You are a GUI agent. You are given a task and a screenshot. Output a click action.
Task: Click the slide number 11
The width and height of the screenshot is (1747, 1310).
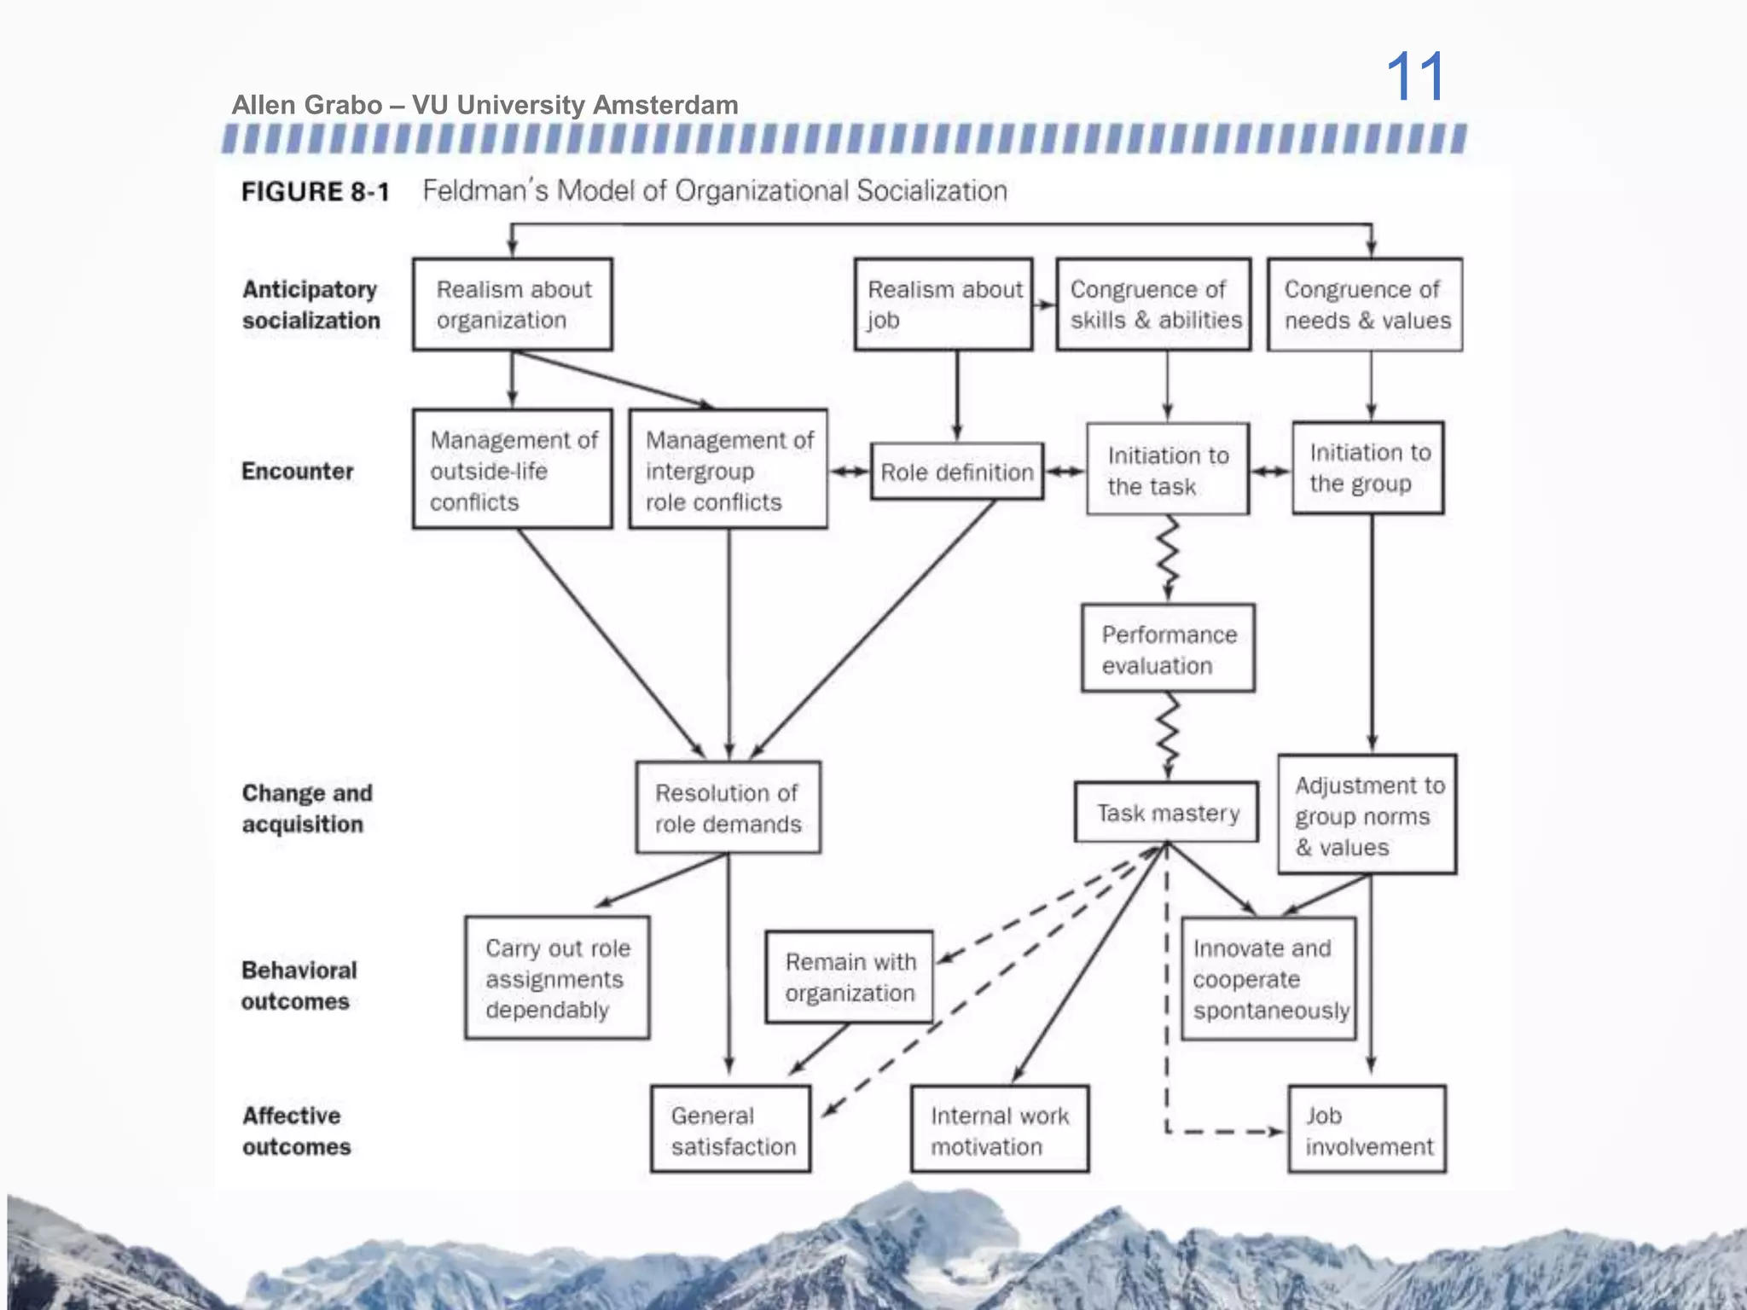[x=1415, y=77]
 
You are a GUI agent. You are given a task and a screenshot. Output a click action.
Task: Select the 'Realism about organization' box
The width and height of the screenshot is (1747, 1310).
[x=512, y=304]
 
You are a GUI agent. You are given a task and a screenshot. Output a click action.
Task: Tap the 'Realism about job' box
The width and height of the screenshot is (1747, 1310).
[x=943, y=304]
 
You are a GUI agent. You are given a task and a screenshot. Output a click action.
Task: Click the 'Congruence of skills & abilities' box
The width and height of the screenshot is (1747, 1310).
[x=1153, y=304]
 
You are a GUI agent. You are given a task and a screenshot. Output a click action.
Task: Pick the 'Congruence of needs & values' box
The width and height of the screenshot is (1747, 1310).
[x=1365, y=304]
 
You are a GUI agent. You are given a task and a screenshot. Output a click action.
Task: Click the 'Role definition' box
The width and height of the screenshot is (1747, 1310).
[x=956, y=472]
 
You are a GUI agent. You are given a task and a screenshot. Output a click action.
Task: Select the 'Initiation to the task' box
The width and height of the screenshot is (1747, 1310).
[x=1168, y=470]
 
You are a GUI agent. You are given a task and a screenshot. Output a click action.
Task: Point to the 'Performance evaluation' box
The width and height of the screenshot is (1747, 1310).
[x=1168, y=649]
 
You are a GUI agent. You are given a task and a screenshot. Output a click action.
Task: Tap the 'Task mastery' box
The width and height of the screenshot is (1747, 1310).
[x=1167, y=813]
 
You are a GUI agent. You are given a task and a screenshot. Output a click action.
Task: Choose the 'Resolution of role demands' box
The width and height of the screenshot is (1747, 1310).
[x=728, y=808]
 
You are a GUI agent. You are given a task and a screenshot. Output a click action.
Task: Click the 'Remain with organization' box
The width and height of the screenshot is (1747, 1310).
[x=850, y=977]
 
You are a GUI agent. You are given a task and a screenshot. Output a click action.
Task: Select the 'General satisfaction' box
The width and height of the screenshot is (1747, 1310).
[x=731, y=1130]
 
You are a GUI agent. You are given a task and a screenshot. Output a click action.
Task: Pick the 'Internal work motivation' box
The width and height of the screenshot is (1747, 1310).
[x=1000, y=1130]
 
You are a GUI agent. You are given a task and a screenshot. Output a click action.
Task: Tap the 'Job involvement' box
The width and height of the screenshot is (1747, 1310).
[x=1367, y=1130]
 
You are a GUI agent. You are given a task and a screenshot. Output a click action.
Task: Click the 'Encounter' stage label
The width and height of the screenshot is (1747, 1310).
[x=297, y=471]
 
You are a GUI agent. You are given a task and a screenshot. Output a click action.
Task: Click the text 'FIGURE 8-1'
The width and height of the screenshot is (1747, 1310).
[x=315, y=192]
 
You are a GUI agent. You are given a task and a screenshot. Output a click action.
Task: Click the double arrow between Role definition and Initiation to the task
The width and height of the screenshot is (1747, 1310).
[x=1065, y=472]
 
